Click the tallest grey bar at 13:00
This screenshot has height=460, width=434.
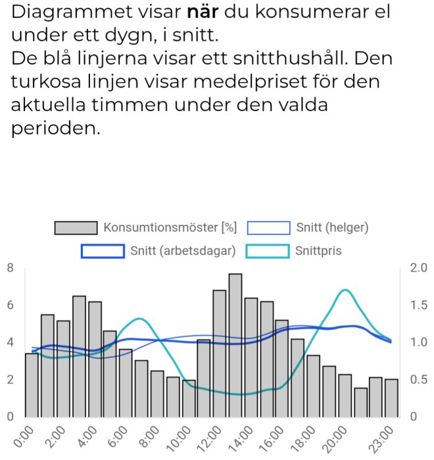(x=235, y=345)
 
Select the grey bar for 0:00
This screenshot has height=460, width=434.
(x=32, y=384)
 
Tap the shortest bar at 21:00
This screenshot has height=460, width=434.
(x=361, y=402)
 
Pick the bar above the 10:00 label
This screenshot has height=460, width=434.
(x=189, y=398)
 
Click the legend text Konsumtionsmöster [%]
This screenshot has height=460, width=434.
(x=170, y=228)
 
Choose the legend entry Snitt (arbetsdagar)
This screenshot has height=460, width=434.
(x=182, y=251)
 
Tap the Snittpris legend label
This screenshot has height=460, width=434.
(x=318, y=251)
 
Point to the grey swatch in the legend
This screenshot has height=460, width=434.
(x=76, y=228)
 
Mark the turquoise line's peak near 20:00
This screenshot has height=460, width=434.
(x=345, y=290)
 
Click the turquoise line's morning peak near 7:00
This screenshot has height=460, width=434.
(x=139, y=319)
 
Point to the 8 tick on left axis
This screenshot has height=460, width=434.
(x=10, y=267)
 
